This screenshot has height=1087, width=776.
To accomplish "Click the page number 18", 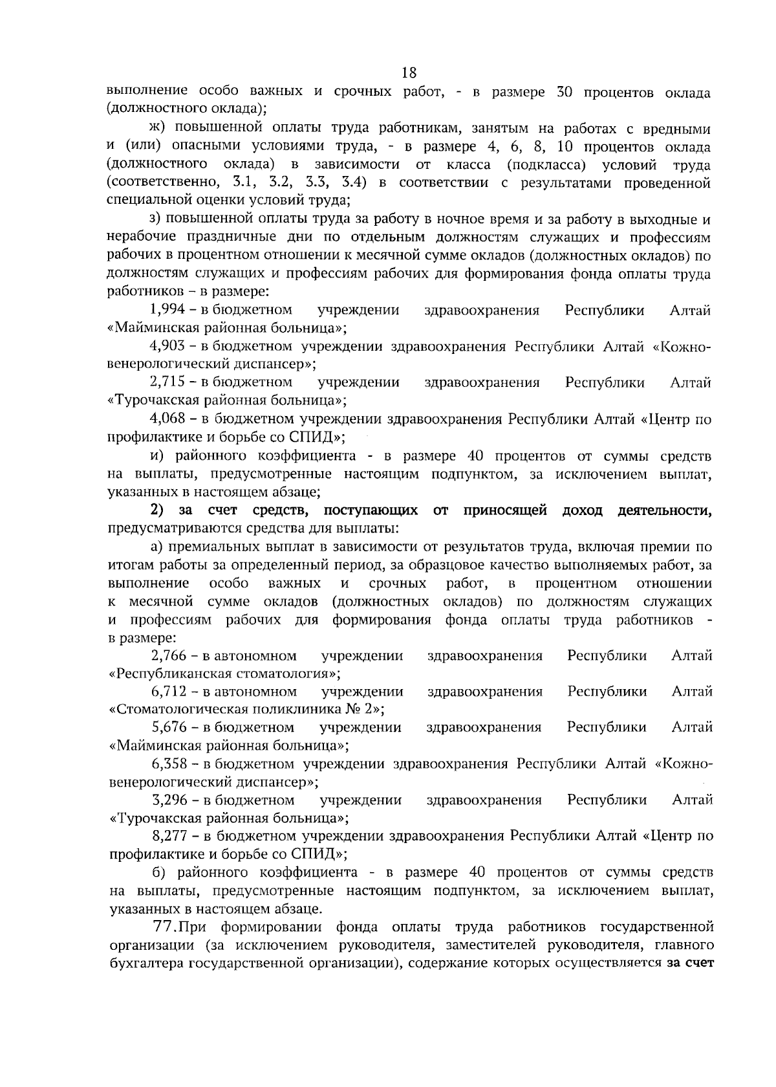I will [x=409, y=72].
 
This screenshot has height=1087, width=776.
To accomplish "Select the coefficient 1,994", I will [x=167, y=311].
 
